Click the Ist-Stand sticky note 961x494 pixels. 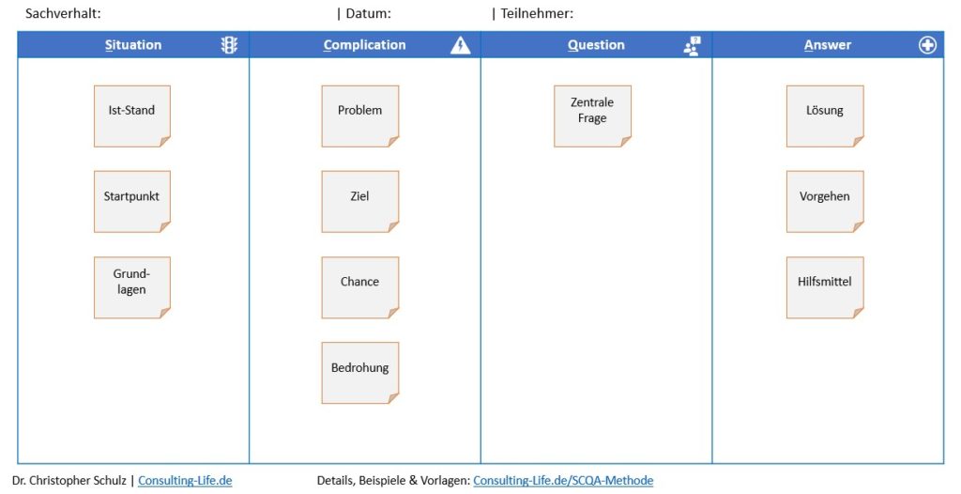[x=131, y=116]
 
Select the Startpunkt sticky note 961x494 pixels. [x=131, y=202]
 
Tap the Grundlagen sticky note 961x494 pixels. [x=131, y=287]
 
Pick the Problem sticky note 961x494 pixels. [x=360, y=116]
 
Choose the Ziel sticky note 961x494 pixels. [x=360, y=202]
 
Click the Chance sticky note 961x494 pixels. [x=360, y=287]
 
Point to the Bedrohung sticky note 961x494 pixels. [x=360, y=373]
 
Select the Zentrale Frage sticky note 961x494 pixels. [x=593, y=116]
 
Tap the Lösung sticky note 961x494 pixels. [x=825, y=116]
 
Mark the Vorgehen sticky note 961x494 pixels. [x=825, y=202]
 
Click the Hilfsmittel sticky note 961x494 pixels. [x=825, y=287]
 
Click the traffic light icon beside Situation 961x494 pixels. [x=229, y=45]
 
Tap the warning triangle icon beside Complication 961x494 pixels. [x=460, y=45]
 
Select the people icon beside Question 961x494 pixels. [x=692, y=45]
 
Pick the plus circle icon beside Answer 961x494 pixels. [x=927, y=45]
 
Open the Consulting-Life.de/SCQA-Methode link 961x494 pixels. [x=563, y=481]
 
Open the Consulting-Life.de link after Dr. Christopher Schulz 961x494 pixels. [x=185, y=481]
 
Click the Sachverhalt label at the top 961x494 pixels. [x=63, y=13]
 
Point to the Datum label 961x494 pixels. [x=368, y=13]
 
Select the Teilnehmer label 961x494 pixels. [x=537, y=13]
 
